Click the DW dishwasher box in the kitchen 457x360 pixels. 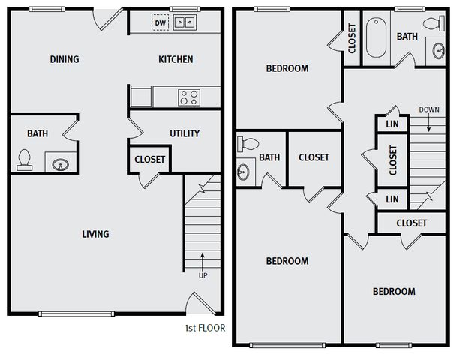point(160,22)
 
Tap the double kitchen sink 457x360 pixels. point(185,22)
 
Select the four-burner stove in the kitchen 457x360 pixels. point(189,97)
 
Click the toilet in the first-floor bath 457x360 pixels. point(25,160)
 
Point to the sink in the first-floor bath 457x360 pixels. point(61,165)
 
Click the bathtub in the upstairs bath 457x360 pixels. point(376,37)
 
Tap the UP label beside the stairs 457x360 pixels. point(203,275)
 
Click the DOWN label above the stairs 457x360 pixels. point(429,109)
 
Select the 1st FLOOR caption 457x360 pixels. point(205,328)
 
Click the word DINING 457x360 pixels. point(65,59)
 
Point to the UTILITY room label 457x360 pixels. point(185,133)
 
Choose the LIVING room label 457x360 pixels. point(95,234)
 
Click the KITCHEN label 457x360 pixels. point(176,59)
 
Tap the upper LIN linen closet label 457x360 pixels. point(392,124)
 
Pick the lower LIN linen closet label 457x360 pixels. point(392,199)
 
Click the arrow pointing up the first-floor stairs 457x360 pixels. point(203,262)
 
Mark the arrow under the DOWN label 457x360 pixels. point(429,122)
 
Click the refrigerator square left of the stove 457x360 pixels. point(141,96)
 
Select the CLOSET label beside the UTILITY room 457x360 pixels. point(150,159)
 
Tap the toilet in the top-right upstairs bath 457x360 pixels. point(434,23)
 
